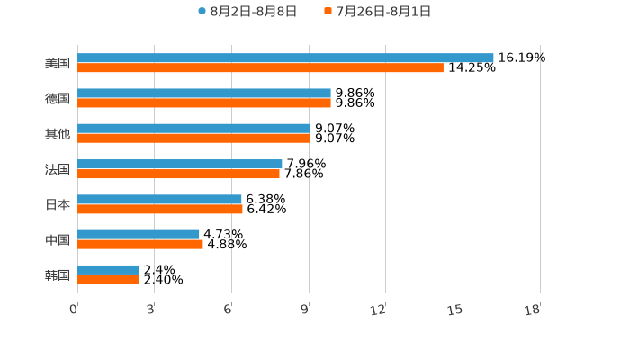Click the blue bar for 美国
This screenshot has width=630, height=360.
(285, 58)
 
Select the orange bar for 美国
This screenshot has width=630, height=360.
(260, 68)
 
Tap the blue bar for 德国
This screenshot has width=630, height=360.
(204, 94)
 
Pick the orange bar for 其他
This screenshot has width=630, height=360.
(193, 139)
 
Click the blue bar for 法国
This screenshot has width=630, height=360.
(180, 164)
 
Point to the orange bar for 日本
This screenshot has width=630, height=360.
(160, 209)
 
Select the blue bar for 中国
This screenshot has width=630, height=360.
(139, 234)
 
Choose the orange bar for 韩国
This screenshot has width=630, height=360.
(108, 279)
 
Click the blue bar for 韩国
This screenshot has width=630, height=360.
(108, 269)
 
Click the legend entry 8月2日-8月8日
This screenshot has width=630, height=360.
(247, 12)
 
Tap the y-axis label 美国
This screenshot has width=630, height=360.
(58, 64)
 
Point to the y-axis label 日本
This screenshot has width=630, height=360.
(58, 204)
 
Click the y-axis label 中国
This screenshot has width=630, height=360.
(58, 239)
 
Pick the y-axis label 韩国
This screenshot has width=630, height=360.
(58, 274)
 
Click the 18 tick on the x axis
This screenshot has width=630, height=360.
(533, 310)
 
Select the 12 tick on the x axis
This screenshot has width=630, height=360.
(379, 310)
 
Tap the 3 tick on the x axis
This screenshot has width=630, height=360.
(151, 310)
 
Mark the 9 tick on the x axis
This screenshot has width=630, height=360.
(305, 310)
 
